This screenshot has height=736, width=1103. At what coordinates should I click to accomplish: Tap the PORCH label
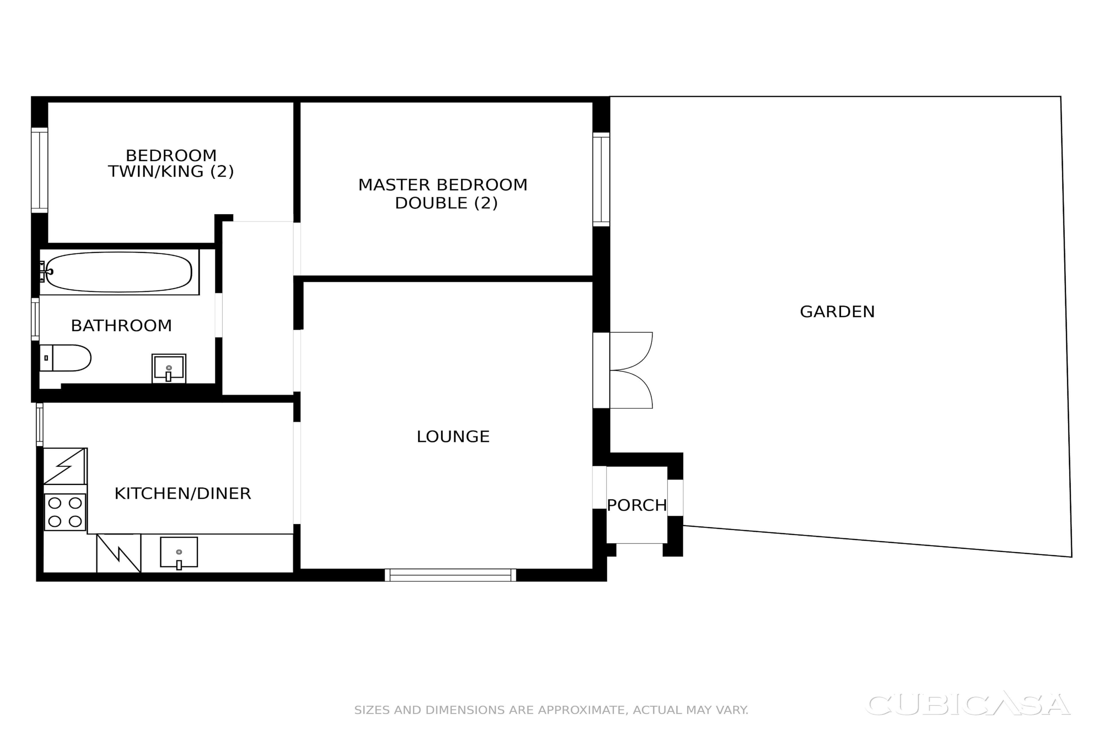pyautogui.click(x=637, y=505)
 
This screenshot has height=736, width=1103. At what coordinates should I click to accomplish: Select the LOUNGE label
pyautogui.click(x=453, y=436)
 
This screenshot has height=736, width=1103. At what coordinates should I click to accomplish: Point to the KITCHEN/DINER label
pyautogui.click(x=183, y=493)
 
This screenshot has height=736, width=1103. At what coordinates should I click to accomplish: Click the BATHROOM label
pyautogui.click(x=122, y=326)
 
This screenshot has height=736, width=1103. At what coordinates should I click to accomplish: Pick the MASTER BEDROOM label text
pyautogui.click(x=443, y=185)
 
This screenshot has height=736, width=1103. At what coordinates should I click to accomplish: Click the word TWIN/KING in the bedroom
pyautogui.click(x=157, y=171)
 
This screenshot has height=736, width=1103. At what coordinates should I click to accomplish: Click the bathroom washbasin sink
pyautogui.click(x=169, y=369)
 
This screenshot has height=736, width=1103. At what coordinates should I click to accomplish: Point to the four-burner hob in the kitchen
pyautogui.click(x=65, y=512)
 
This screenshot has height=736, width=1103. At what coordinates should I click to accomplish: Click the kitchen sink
pyautogui.click(x=179, y=553)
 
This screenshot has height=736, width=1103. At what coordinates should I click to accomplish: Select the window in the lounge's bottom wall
pyautogui.click(x=450, y=575)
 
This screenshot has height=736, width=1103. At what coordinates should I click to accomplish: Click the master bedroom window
pyautogui.click(x=601, y=179)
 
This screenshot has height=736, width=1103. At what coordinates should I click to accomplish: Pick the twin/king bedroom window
pyautogui.click(x=39, y=170)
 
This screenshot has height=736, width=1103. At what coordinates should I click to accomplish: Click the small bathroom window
pyautogui.click(x=35, y=319)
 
